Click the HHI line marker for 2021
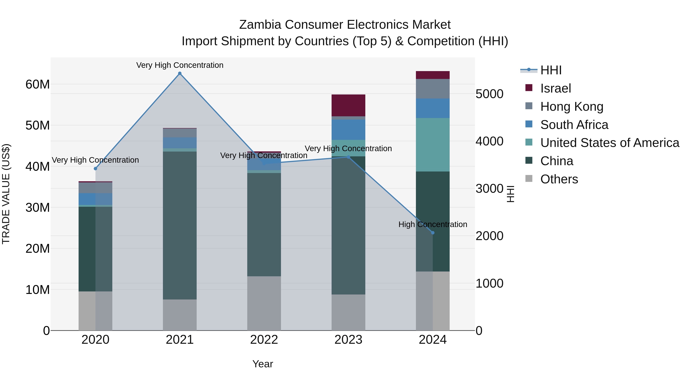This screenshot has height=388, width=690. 180,73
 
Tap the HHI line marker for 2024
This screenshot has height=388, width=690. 433,233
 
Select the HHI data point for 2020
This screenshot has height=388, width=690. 95,168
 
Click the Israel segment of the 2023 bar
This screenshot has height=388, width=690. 348,105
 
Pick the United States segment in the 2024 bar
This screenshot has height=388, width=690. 433,145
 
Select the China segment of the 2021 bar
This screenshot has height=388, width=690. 180,225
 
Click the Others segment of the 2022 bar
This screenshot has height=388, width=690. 264,303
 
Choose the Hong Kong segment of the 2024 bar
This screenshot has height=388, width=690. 433,89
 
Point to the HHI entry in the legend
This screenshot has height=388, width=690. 551,70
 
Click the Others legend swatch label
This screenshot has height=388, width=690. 559,179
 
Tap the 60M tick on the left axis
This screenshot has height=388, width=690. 38,84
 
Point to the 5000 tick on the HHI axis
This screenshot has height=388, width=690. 489,94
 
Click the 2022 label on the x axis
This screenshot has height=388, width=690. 264,340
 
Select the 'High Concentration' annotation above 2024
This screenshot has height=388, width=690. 433,224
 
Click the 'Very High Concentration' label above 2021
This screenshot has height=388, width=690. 180,65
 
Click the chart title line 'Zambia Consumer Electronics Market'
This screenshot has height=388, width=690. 345,25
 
